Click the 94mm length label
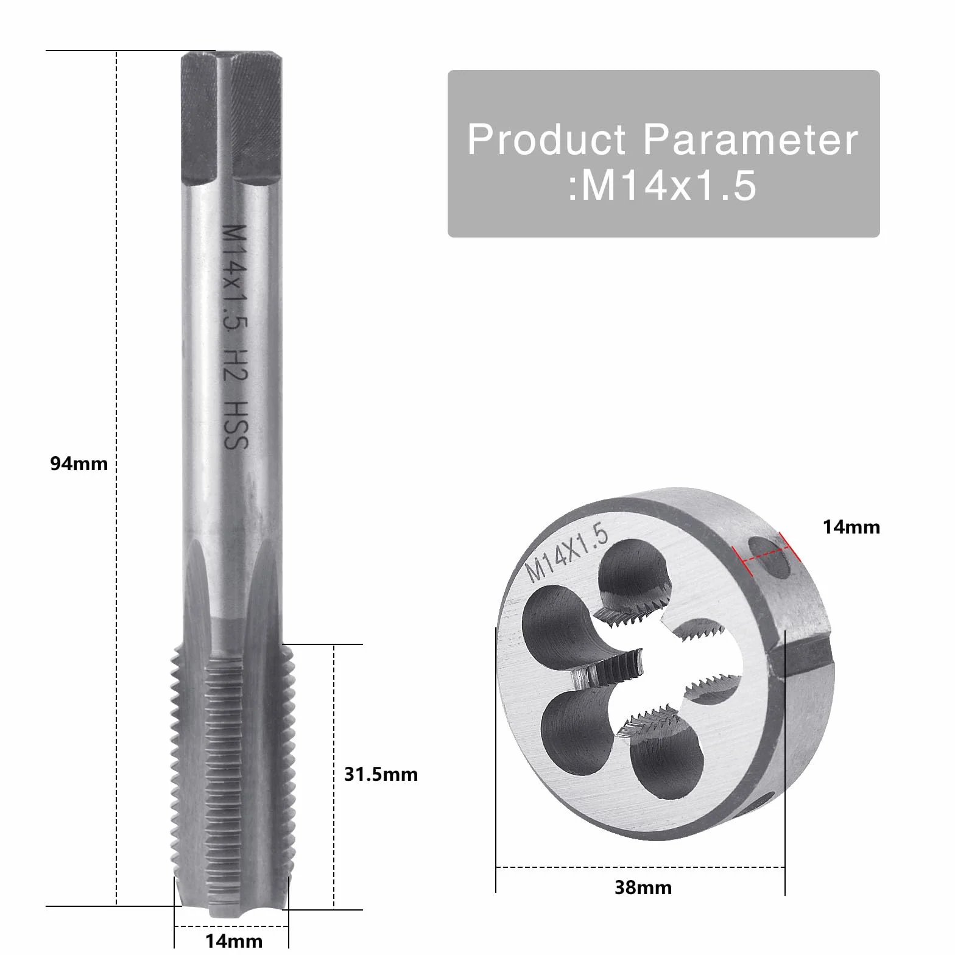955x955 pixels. coord(79,464)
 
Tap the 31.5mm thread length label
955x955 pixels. coord(381,775)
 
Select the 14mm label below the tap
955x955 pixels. coord(234,941)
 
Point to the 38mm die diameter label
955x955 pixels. coord(643,887)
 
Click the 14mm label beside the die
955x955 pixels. coord(851,527)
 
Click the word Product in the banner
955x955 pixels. coord(546,139)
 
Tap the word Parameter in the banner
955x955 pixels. coord(751,139)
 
